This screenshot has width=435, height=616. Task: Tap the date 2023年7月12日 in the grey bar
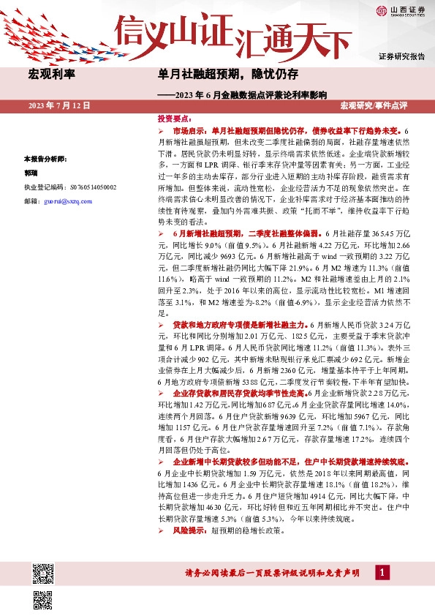click(x=59, y=106)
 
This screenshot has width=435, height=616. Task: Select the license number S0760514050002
click(x=70, y=187)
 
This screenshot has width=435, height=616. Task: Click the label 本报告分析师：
click(x=45, y=159)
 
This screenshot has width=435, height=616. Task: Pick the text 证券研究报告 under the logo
click(x=401, y=56)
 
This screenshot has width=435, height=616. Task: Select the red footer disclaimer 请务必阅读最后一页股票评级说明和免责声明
click(x=274, y=574)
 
